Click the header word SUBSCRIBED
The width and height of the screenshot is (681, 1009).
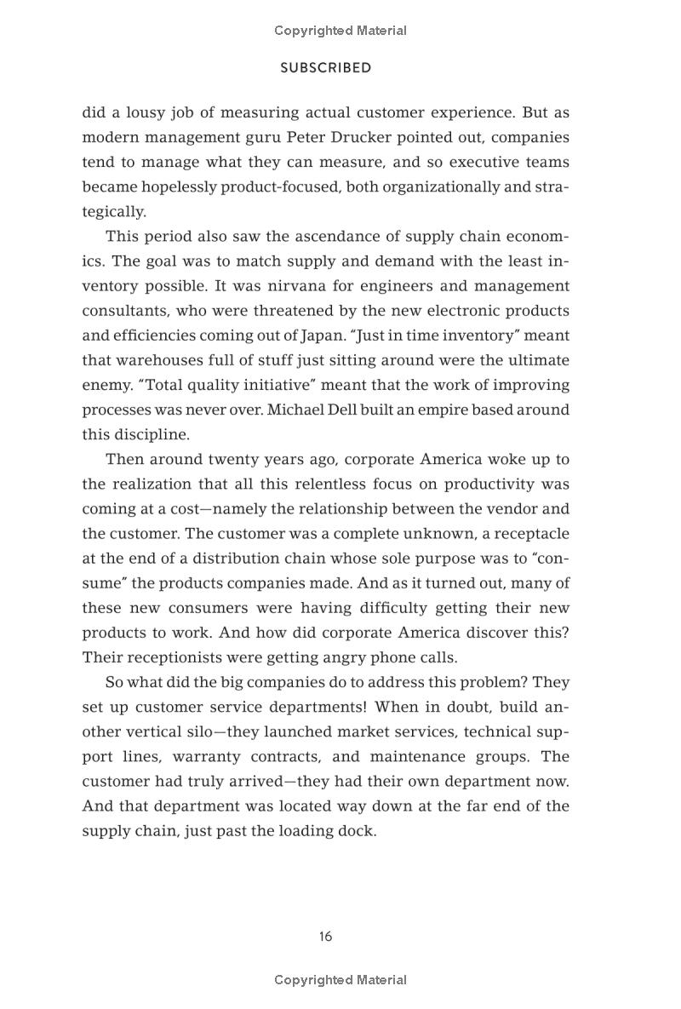pyautogui.click(x=325, y=68)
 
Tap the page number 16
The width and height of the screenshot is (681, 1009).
pyautogui.click(x=325, y=937)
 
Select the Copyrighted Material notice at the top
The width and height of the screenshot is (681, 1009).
pyautogui.click(x=340, y=31)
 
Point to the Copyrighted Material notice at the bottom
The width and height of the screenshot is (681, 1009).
pyautogui.click(x=340, y=980)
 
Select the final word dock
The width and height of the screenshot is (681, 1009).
pyautogui.click(x=358, y=831)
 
